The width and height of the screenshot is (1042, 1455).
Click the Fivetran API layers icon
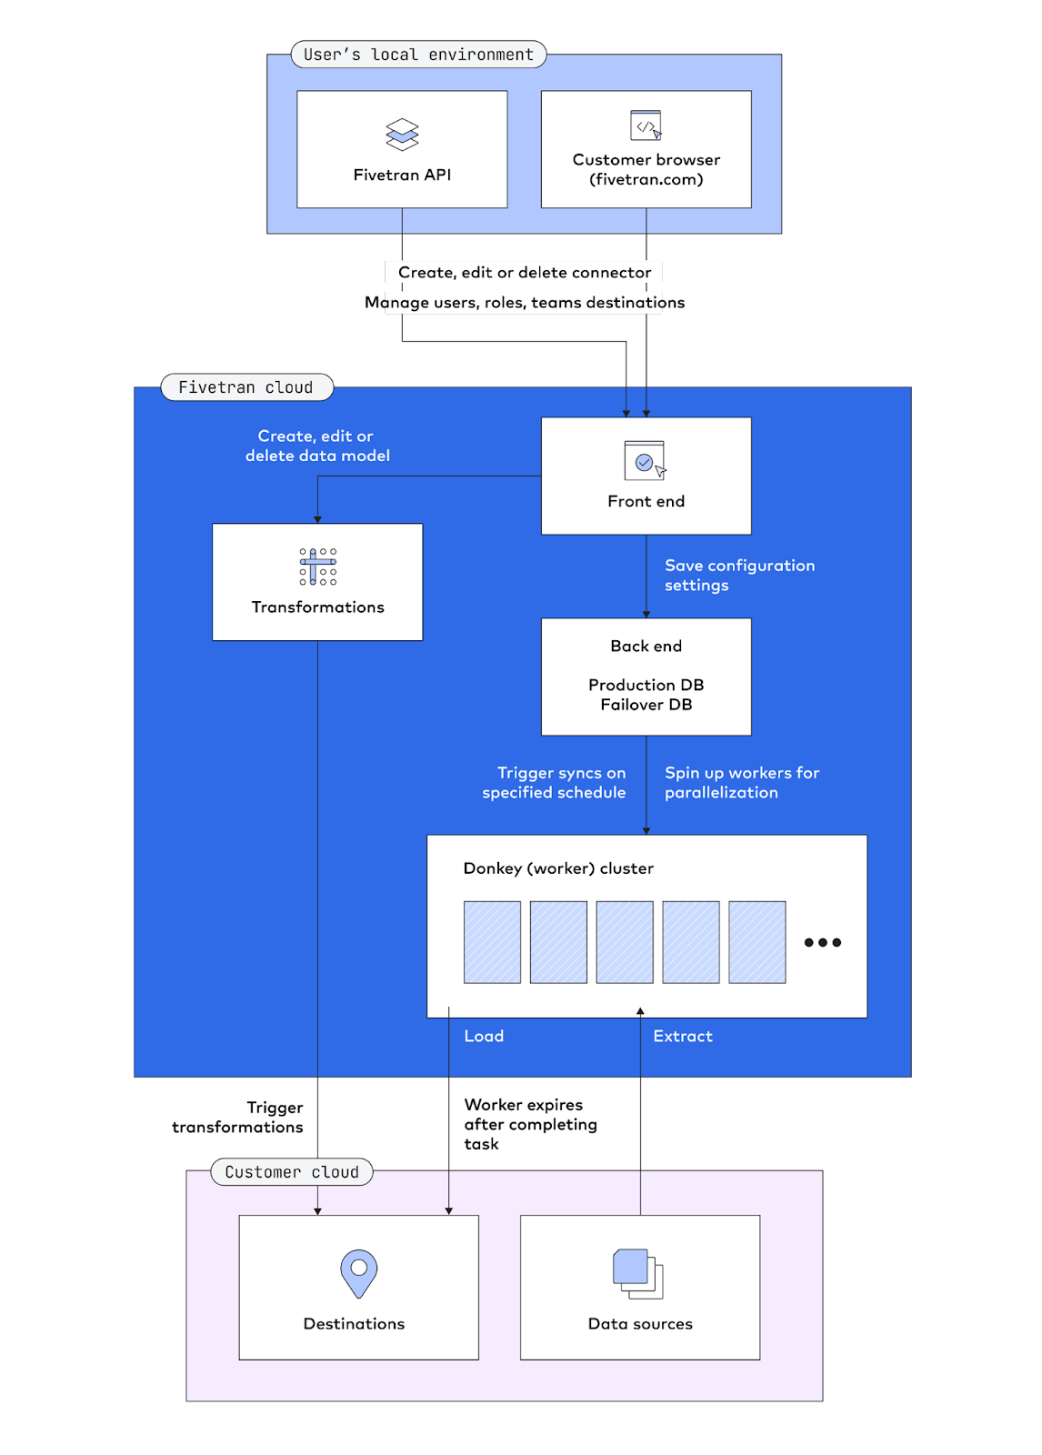coord(402,135)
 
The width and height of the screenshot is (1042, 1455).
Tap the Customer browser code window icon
coord(646,125)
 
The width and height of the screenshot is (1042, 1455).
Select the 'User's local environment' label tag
coord(418,55)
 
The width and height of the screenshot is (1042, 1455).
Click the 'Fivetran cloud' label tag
coord(246,387)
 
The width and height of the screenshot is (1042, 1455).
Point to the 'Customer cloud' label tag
coord(292,1172)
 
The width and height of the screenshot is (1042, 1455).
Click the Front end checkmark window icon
coord(645,460)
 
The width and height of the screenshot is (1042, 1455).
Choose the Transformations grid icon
coord(318,567)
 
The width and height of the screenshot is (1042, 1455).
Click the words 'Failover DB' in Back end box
coord(646,705)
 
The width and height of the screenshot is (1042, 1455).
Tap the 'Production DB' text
coord(646,685)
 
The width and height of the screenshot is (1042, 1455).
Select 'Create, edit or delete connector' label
coord(525,272)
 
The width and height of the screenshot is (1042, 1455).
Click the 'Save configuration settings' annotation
coord(739,575)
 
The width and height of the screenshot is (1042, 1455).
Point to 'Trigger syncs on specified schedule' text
coord(555,782)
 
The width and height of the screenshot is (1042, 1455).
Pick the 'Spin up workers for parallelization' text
coord(742,782)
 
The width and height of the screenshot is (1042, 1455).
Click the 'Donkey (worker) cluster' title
coord(558,868)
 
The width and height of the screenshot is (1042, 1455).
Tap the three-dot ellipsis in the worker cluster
coord(823,942)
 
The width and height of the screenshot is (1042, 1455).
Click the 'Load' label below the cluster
coord(484,1036)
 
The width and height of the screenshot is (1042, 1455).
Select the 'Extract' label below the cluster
coord(683,1036)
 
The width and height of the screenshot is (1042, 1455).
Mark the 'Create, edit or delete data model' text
coord(317,446)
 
